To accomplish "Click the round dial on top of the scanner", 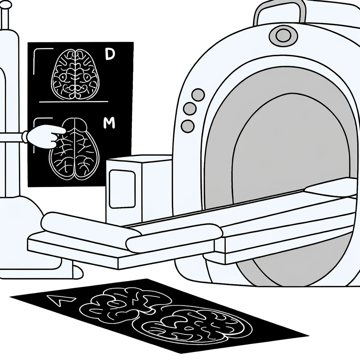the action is [281, 35].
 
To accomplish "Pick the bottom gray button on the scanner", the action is [188, 126].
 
